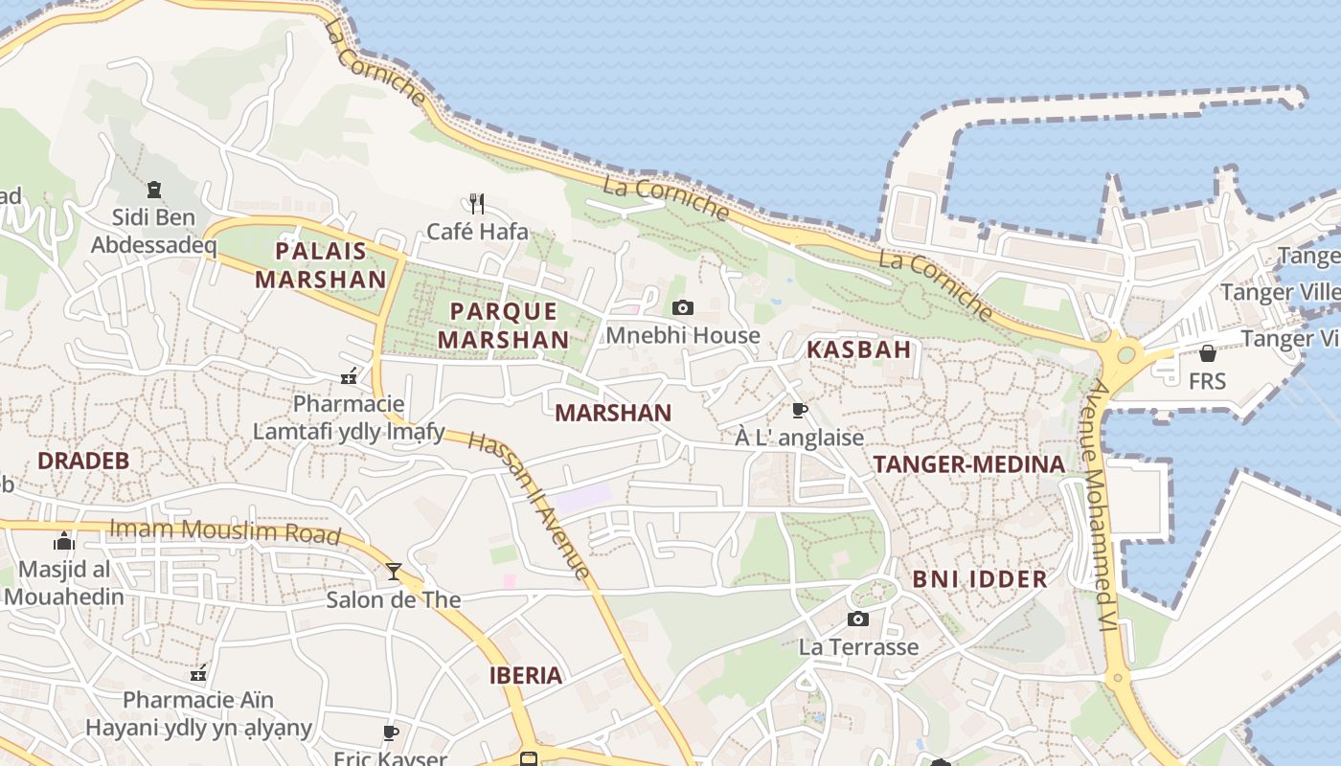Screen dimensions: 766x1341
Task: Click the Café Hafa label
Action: tap(477, 232)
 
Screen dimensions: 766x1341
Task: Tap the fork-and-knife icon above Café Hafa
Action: tap(477, 203)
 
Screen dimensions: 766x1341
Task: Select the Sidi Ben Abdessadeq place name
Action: tap(153, 232)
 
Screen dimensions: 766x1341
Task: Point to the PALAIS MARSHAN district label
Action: tap(321, 265)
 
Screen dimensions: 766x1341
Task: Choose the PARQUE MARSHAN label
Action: tap(503, 326)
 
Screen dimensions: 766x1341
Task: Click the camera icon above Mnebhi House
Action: tap(683, 307)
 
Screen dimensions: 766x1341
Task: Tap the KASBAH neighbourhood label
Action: tap(858, 349)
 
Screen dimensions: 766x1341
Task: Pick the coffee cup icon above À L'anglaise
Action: tap(799, 411)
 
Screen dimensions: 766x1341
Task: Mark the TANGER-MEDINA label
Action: tap(968, 465)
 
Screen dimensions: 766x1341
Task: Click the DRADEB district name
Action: tap(83, 461)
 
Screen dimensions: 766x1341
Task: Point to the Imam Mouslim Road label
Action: tap(225, 530)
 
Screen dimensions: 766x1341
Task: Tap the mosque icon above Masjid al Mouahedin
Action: tap(64, 541)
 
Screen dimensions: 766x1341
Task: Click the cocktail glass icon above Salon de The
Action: tap(393, 572)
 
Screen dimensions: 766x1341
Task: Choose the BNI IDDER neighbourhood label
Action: tap(979, 579)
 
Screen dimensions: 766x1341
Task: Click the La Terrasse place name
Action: tap(858, 647)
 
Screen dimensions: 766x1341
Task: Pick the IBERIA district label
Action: tap(526, 675)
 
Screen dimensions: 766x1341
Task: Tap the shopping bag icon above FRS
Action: tap(1207, 353)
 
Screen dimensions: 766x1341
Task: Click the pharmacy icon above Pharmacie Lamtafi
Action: tap(349, 376)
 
